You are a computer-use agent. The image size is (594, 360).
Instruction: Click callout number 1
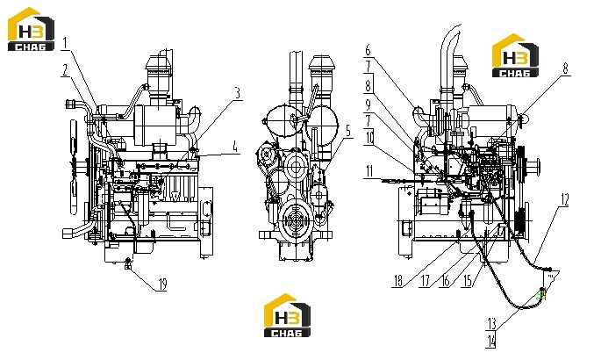[x=65, y=43]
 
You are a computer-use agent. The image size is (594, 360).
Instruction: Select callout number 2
[x=66, y=70]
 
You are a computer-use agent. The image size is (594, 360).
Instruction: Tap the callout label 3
[x=238, y=93]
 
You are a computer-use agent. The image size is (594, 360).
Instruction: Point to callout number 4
[x=235, y=147]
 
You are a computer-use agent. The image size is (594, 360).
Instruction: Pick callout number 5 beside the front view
[x=348, y=131]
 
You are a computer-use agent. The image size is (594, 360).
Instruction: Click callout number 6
[x=368, y=50]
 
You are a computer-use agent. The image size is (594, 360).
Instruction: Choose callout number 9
[x=368, y=104]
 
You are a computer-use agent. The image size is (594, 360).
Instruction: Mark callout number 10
[x=369, y=138]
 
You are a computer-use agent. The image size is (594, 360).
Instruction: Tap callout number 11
[x=369, y=171]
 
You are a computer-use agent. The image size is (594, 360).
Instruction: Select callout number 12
[x=564, y=199]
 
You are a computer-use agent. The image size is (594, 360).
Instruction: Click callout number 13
[x=491, y=324]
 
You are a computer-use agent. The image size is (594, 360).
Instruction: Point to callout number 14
[x=491, y=342]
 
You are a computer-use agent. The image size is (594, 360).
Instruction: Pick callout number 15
[x=468, y=281]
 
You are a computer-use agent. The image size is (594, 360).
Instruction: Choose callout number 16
[x=446, y=281]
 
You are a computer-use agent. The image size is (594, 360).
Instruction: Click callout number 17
[x=426, y=281]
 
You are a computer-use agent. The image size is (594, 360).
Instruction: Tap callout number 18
[x=397, y=281]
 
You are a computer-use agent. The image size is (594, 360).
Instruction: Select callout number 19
[x=162, y=284]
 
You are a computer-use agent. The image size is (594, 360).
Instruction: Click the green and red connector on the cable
[x=542, y=294]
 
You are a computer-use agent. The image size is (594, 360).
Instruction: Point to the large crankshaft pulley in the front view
[x=297, y=220]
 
